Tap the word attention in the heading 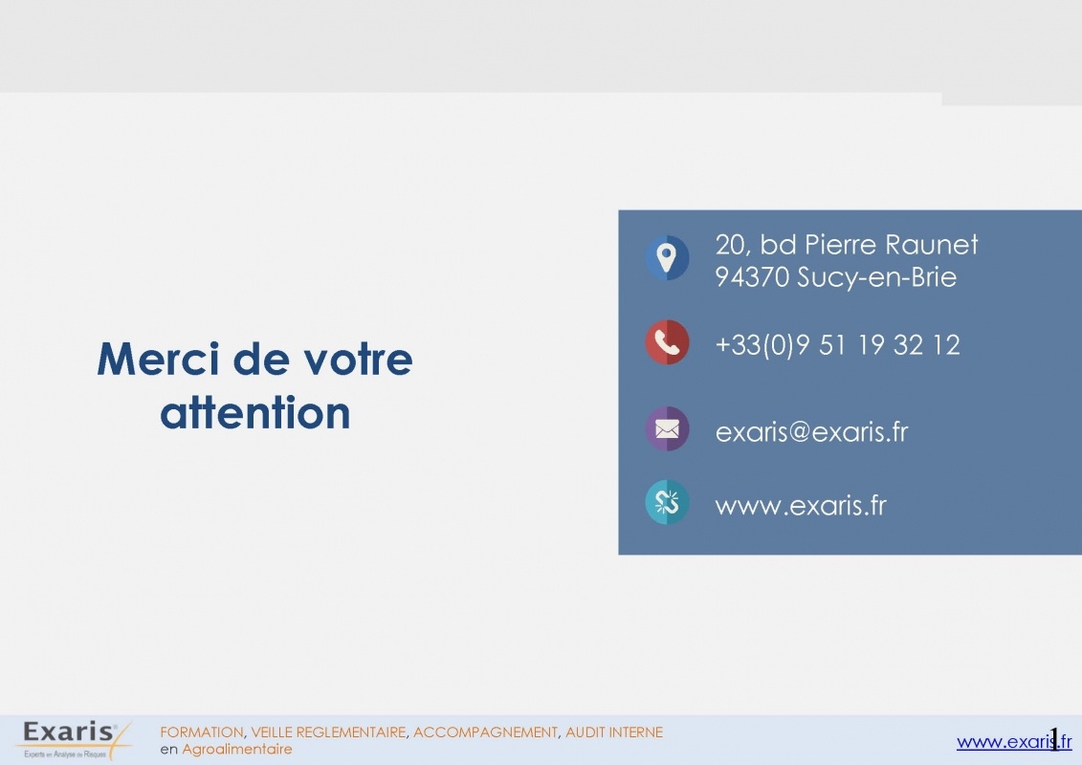coord(255,412)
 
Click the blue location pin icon coord(667,258)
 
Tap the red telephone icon coord(667,342)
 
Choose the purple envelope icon coord(667,429)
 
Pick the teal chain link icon coord(667,502)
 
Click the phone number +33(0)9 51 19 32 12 coord(838,344)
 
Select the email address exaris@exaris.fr coord(811,432)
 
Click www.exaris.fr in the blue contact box coord(801,506)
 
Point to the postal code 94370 coord(752,277)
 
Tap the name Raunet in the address coord(932,245)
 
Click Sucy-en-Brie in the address coord(877,277)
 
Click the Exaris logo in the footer coord(73,740)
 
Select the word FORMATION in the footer coord(202,732)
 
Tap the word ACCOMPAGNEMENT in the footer coord(485,732)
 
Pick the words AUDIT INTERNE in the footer coord(614,732)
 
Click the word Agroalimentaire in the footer coord(236,749)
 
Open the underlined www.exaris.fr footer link coord(1014,742)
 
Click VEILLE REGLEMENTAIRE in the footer coord(328,732)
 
